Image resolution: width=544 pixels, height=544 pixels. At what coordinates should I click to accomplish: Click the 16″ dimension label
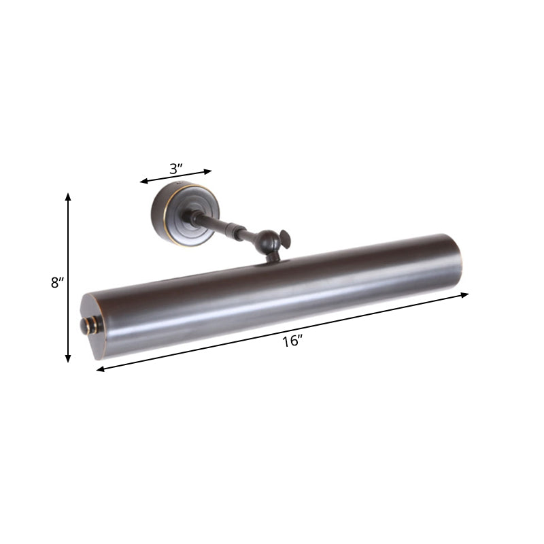tap(292, 341)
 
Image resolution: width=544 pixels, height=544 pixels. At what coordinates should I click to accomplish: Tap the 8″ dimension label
tap(56, 283)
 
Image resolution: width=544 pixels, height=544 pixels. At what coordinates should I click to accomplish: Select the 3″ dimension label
tap(176, 168)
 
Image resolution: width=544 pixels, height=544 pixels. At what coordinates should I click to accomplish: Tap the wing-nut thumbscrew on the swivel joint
tap(285, 239)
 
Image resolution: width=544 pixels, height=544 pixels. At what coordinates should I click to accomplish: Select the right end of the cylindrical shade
tap(453, 261)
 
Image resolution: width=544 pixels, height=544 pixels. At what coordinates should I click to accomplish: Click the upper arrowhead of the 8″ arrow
tap(68, 197)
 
